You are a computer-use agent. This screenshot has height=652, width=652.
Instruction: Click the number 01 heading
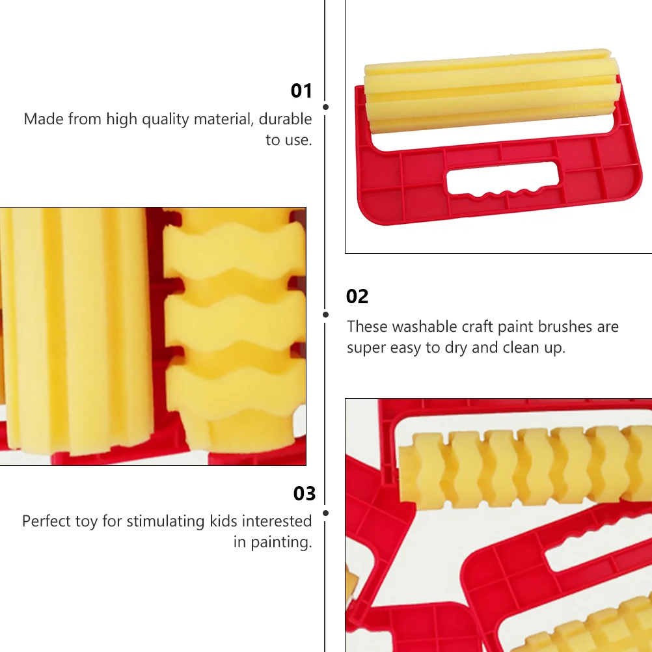301,90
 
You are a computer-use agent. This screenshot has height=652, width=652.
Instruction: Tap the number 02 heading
357,297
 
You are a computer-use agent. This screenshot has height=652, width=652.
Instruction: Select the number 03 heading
304,494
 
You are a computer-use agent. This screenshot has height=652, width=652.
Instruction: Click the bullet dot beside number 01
325,107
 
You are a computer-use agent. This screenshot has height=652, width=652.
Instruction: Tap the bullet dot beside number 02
325,314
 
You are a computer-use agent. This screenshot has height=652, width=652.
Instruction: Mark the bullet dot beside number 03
325,513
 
